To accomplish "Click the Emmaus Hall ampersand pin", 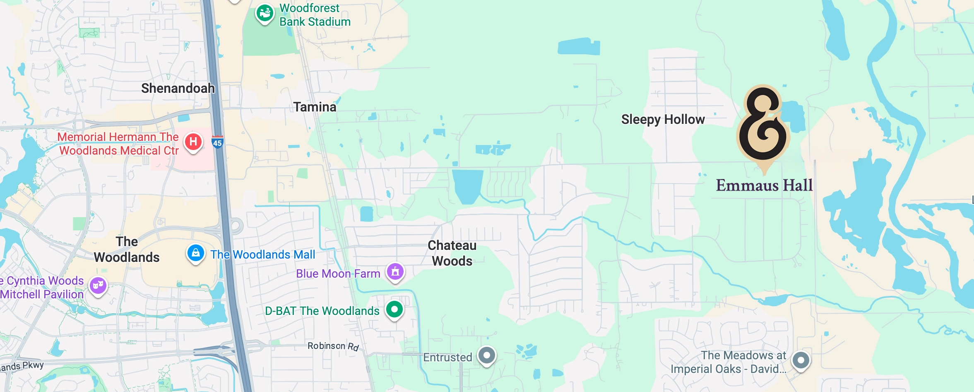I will [x=763, y=124].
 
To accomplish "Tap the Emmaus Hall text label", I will [x=764, y=185].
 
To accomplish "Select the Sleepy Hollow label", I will [x=663, y=120].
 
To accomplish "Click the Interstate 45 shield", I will [x=217, y=142].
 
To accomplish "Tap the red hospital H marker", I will [x=193, y=142].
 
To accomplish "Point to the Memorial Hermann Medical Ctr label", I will [x=118, y=143].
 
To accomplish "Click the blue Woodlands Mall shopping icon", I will [x=195, y=253].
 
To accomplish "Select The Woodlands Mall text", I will [x=262, y=254].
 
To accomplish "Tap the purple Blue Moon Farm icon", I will [x=395, y=272].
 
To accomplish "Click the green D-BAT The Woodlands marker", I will [x=394, y=309].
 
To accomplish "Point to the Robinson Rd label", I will [x=333, y=346].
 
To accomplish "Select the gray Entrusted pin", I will [x=486, y=355].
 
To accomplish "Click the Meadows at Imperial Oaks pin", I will [x=801, y=360].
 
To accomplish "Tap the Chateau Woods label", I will [x=452, y=253].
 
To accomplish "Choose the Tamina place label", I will [x=315, y=107].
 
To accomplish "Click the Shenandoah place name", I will [x=178, y=88].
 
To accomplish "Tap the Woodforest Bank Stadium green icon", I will [x=264, y=13].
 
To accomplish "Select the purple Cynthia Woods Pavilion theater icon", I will [x=98, y=285].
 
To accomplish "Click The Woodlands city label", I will [x=127, y=249].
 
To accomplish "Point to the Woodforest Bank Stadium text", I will [x=315, y=15].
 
